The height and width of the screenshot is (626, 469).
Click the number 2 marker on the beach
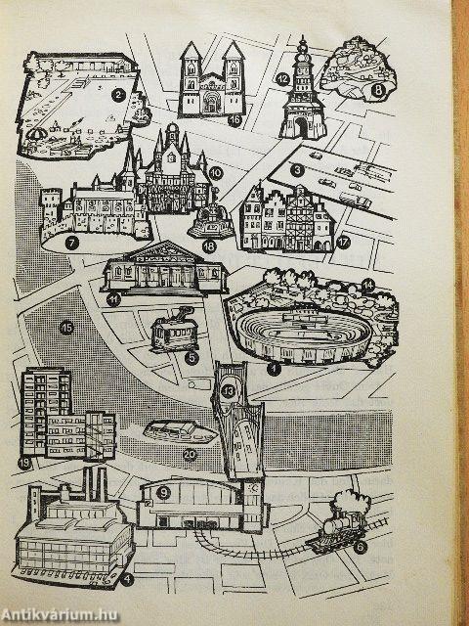click(118, 95)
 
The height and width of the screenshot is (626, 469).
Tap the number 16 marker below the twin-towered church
click(235, 120)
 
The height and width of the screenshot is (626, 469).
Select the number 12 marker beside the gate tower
click(282, 78)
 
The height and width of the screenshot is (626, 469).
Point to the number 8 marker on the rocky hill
click(378, 90)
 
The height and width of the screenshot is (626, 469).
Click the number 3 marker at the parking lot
click(297, 170)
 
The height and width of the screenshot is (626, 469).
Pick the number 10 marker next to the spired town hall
click(215, 173)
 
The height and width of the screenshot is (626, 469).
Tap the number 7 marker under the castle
click(71, 243)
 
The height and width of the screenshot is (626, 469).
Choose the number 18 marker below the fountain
click(209, 246)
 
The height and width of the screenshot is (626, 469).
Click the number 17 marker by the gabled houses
click(343, 243)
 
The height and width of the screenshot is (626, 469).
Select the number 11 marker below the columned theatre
click(113, 299)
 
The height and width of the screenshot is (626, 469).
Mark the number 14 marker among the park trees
click(368, 285)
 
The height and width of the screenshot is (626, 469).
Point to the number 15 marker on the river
click(66, 329)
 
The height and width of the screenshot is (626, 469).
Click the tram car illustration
click(175, 330)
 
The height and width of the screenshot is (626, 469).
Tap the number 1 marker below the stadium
click(274, 370)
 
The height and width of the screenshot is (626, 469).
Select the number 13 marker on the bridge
click(228, 391)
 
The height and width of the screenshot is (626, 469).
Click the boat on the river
click(181, 432)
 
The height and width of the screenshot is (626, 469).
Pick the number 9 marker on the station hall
click(163, 493)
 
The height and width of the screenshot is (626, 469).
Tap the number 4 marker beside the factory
click(127, 580)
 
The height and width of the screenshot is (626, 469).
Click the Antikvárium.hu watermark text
click(59, 615)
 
